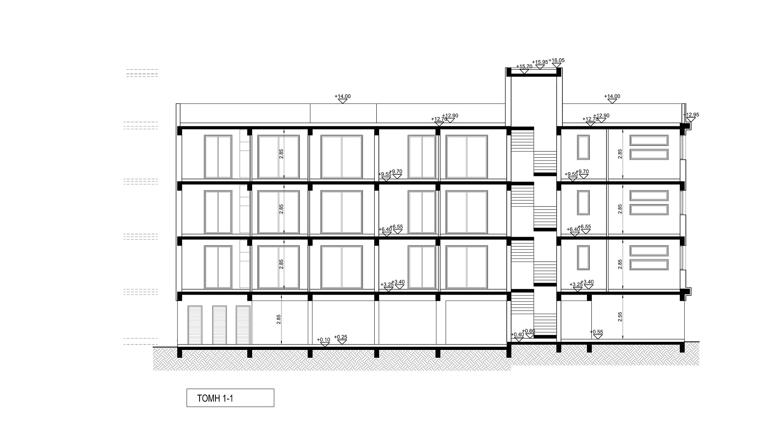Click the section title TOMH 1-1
[x=215, y=398]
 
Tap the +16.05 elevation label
[x=556, y=60]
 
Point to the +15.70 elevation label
[x=524, y=66]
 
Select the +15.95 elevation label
[x=540, y=62]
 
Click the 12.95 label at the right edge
[x=692, y=115]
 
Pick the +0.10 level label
[x=323, y=340]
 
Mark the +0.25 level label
[x=340, y=337]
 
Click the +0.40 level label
[x=517, y=334]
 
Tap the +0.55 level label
[x=597, y=332]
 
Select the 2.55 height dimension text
[x=620, y=317]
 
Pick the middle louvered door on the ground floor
[x=220, y=325]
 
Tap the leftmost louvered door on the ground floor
[x=195, y=325]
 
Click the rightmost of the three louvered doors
[x=243, y=325]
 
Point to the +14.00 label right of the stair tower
[x=612, y=97]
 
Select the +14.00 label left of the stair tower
[x=343, y=97]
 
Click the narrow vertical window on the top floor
[x=583, y=147]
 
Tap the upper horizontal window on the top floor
[x=649, y=141]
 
